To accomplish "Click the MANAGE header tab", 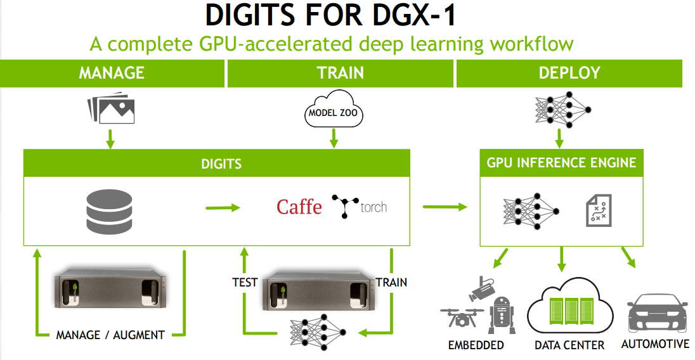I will coord(112,73).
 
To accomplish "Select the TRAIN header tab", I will coord(341,73).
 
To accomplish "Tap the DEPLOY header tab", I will coord(569,73).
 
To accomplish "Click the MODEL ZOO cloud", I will coord(333,113).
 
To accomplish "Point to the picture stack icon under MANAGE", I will coord(112,109).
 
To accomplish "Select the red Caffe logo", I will coord(299,207).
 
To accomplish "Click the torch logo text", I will coord(373,207).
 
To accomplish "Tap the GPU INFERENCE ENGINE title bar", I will coord(561,163).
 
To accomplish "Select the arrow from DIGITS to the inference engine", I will coord(444,207).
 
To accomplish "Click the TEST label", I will coord(245,282).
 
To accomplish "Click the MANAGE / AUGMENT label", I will coord(110,335).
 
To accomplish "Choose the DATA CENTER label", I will coord(569,345).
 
